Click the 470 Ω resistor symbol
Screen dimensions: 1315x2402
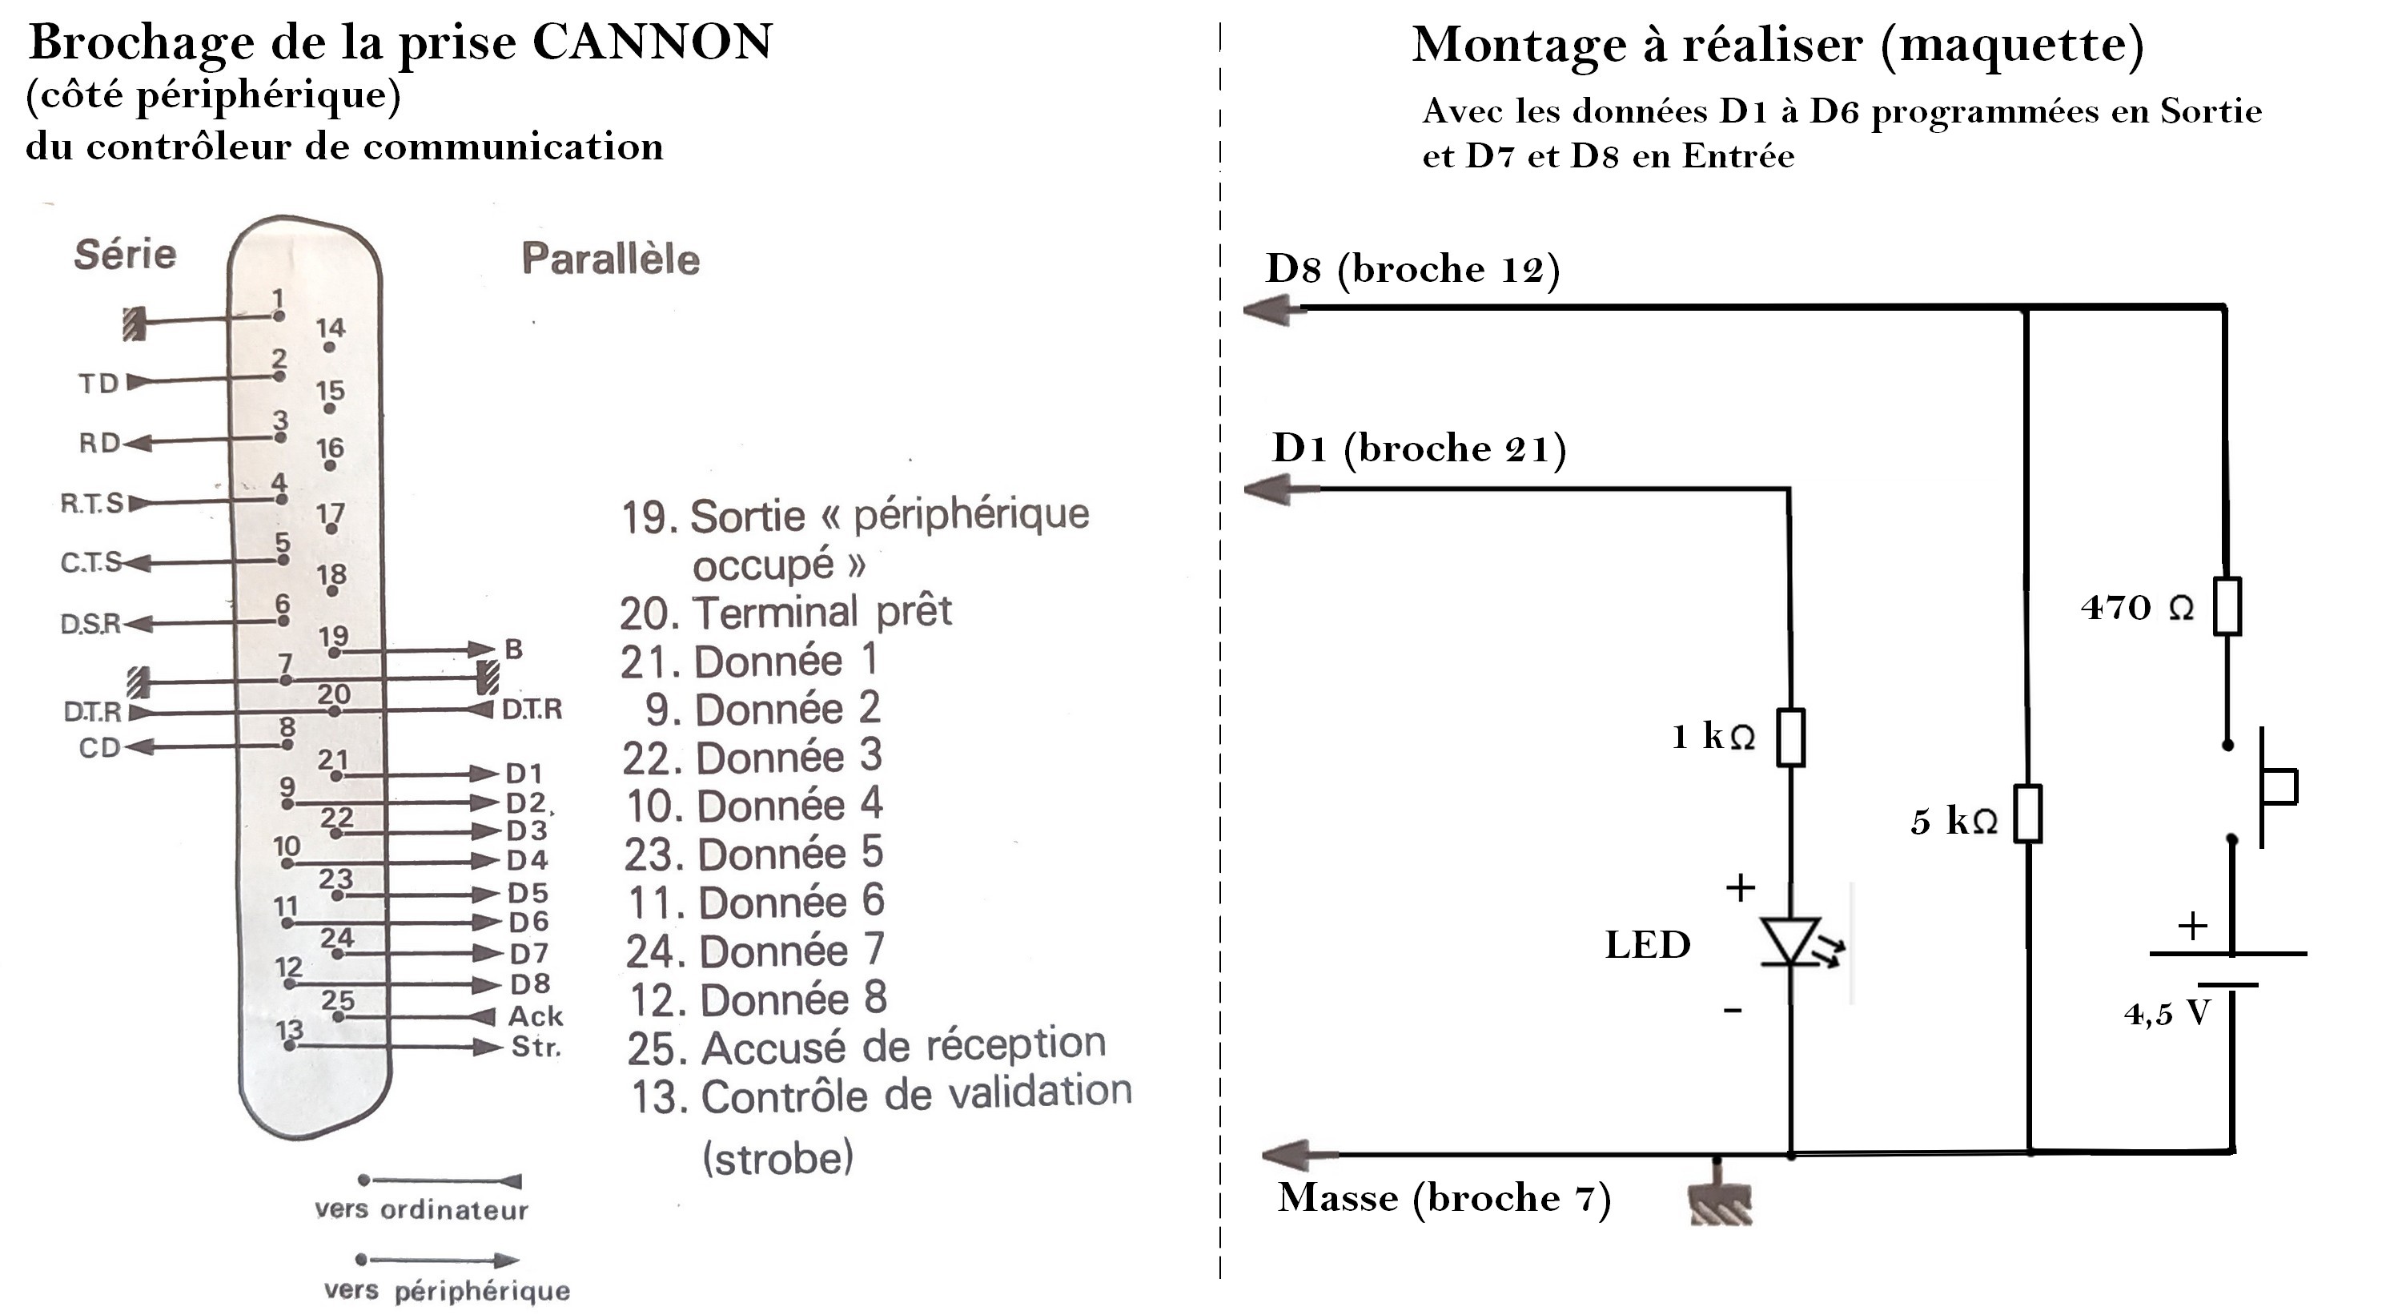pyautogui.click(x=2227, y=607)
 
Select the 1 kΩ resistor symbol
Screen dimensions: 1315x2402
pyautogui.click(x=1790, y=738)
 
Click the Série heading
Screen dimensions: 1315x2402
pyautogui.click(x=125, y=255)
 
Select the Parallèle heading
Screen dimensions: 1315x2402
pyautogui.click(x=611, y=259)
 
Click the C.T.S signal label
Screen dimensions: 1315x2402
pyautogui.click(x=90, y=563)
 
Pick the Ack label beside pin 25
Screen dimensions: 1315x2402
pyautogui.click(x=535, y=1015)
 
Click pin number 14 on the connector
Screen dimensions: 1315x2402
pyautogui.click(x=330, y=328)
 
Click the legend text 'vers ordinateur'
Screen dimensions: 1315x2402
pyautogui.click(x=421, y=1209)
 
